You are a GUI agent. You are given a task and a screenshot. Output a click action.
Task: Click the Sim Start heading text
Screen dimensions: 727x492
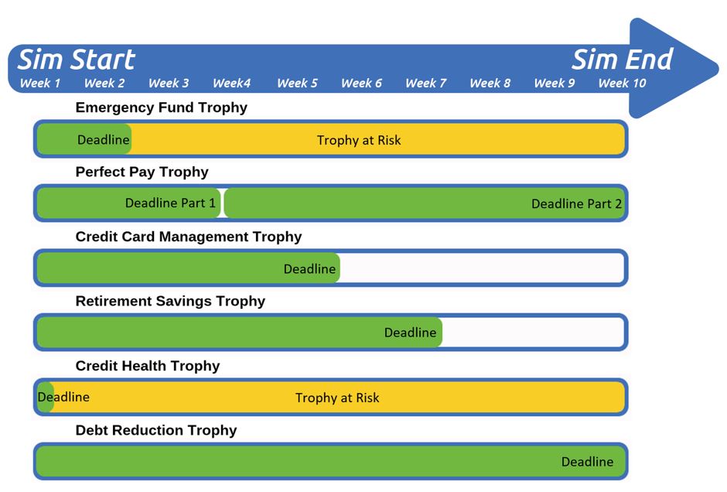click(76, 60)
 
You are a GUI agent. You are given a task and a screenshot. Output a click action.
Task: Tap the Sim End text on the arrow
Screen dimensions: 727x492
click(622, 60)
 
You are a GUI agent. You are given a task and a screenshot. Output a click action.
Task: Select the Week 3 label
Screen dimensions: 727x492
click(169, 84)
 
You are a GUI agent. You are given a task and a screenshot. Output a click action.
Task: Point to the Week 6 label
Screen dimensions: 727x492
click(361, 84)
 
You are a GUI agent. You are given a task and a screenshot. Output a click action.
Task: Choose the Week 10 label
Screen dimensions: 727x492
click(622, 84)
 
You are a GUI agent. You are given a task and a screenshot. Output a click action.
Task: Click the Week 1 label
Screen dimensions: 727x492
click(40, 84)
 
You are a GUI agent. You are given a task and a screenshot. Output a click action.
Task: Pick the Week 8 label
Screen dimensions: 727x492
click(490, 84)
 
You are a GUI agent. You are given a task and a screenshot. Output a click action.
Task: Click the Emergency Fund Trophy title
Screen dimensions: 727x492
click(162, 108)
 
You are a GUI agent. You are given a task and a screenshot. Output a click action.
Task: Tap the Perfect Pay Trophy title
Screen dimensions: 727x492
click(142, 172)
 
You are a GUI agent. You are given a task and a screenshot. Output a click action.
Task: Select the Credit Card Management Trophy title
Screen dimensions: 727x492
click(189, 237)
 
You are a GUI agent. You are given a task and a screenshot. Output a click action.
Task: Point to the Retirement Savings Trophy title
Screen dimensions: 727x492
click(170, 301)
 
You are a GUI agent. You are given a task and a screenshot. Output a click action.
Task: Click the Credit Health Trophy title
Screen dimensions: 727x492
click(148, 366)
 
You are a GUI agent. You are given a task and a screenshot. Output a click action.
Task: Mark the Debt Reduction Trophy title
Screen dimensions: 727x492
click(156, 430)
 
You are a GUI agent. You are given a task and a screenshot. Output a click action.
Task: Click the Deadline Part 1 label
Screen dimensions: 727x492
click(170, 203)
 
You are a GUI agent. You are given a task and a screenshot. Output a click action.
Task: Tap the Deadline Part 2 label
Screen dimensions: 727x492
click(576, 204)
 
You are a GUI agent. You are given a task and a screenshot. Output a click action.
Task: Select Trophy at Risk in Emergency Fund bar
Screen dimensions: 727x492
click(359, 140)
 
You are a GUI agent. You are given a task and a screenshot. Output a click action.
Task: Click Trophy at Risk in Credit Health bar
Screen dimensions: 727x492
click(337, 398)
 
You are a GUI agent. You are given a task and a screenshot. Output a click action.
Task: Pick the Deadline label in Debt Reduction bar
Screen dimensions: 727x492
click(588, 462)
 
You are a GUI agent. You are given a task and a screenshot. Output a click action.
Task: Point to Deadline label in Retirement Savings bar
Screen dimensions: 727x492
click(411, 333)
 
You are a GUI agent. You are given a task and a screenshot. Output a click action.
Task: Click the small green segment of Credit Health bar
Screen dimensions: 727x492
click(46, 397)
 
